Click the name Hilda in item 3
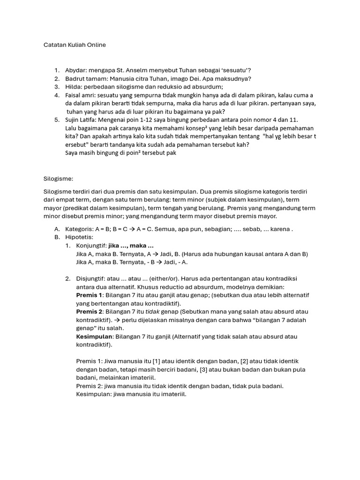pos(74,87)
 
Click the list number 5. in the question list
pos(57,120)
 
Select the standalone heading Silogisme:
pos(58,179)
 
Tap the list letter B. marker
pos(57,237)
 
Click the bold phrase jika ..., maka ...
pos(131,246)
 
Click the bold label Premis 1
pos(89,295)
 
